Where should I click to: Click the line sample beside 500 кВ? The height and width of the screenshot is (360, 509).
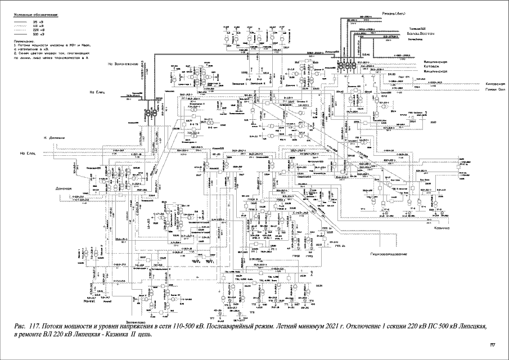click(x=21, y=34)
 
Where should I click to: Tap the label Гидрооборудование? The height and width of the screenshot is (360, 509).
click(x=389, y=254)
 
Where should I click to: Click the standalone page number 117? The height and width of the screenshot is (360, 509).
click(x=493, y=345)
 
